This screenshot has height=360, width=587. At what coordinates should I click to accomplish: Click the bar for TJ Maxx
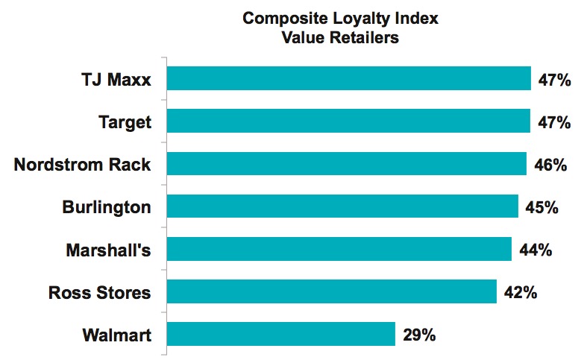click(x=348, y=78)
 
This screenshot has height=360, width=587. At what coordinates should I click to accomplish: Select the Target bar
click(x=348, y=121)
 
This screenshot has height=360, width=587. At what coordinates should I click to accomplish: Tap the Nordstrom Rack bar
click(x=346, y=164)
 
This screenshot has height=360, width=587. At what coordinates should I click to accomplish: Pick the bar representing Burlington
click(x=342, y=206)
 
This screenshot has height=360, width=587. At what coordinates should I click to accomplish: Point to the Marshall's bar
click(x=339, y=249)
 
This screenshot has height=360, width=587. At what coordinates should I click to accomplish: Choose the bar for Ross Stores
click(x=331, y=291)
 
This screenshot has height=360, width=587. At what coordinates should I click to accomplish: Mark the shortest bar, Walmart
click(x=280, y=334)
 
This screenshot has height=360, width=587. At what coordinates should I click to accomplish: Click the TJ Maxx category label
click(x=116, y=79)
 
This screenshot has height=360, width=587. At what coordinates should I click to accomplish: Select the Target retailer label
click(x=125, y=121)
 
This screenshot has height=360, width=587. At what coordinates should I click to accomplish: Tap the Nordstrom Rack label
click(x=82, y=165)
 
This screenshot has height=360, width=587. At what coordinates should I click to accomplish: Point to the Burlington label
click(x=107, y=207)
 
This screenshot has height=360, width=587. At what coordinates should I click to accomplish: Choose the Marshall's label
click(x=109, y=250)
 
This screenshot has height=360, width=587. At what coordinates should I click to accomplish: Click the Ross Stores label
click(x=100, y=292)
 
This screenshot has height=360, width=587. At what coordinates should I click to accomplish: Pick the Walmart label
click(x=116, y=335)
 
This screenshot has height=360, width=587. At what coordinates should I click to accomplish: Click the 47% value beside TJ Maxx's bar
click(x=554, y=79)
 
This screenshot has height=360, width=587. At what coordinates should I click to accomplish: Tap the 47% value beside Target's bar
click(x=554, y=121)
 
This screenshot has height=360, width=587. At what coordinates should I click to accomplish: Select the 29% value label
click(x=418, y=335)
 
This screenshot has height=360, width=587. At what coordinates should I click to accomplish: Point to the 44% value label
click(x=535, y=250)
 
